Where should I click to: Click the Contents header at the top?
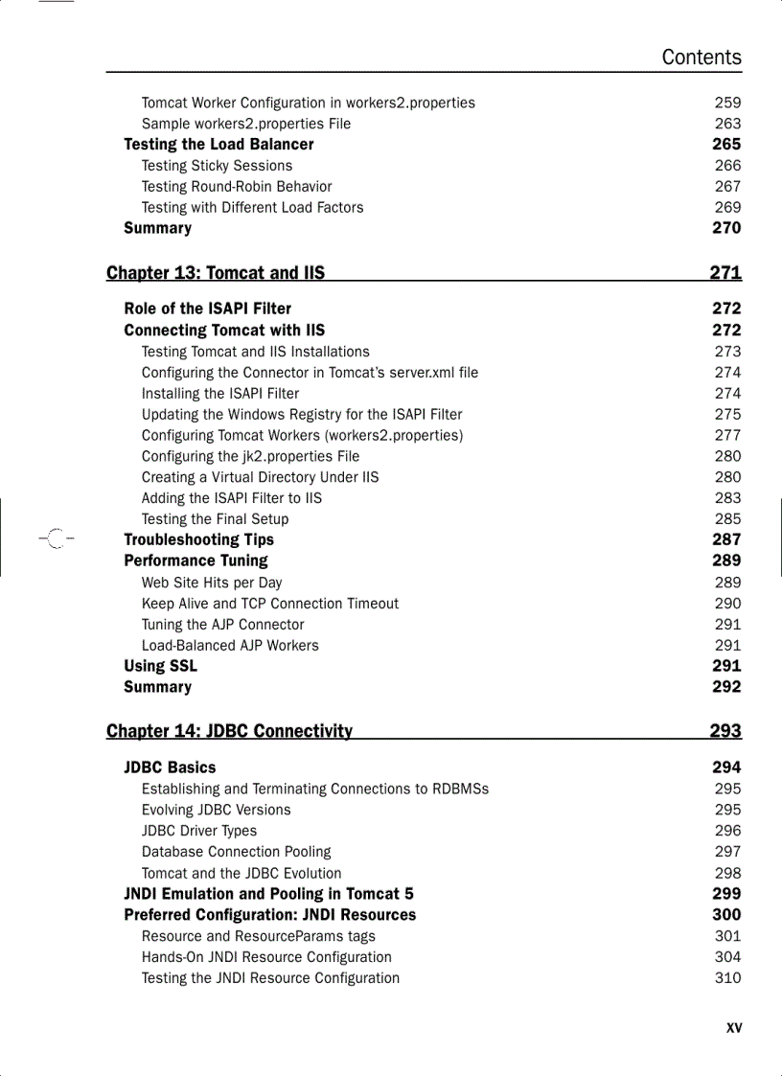pyautogui.click(x=701, y=57)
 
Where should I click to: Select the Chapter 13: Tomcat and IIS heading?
pyautogui.click(x=216, y=273)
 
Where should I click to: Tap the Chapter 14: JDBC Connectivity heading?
pyautogui.click(x=229, y=731)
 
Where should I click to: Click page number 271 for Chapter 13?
pyautogui.click(x=725, y=273)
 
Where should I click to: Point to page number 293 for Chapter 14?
pyautogui.click(x=725, y=731)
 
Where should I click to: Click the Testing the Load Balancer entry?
pyautogui.click(x=218, y=145)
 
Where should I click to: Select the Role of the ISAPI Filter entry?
pyautogui.click(x=207, y=309)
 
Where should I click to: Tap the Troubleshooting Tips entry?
pyautogui.click(x=198, y=539)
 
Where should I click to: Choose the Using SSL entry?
pyautogui.click(x=160, y=666)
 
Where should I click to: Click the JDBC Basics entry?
pyautogui.click(x=170, y=767)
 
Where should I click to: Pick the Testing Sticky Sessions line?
pyautogui.click(x=217, y=166)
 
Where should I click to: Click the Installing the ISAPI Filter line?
pyautogui.click(x=220, y=394)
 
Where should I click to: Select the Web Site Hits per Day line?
pyautogui.click(x=212, y=583)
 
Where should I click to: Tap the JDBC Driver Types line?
pyautogui.click(x=199, y=831)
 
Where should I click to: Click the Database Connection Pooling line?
pyautogui.click(x=236, y=852)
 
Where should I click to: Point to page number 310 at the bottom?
pyautogui.click(x=727, y=978)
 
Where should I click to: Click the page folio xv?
pyautogui.click(x=734, y=1028)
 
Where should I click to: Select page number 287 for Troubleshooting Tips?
pyautogui.click(x=726, y=539)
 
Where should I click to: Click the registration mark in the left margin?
pyautogui.click(x=54, y=539)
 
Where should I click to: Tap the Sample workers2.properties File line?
pyautogui.click(x=246, y=124)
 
